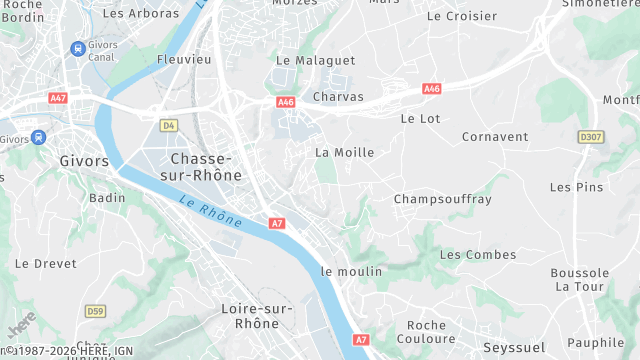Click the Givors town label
(x=84, y=161)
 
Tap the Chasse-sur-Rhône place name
(x=206, y=167)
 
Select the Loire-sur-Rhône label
(x=257, y=316)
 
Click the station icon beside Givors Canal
(x=77, y=48)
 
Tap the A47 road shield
(x=57, y=98)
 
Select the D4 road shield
(x=168, y=125)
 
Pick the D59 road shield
(x=95, y=311)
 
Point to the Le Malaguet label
(x=315, y=61)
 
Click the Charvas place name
(x=331, y=97)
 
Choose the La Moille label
(x=344, y=153)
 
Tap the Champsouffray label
(x=443, y=199)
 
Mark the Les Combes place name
(x=478, y=255)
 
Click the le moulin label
(x=351, y=272)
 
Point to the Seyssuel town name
(x=512, y=346)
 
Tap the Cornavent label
(x=495, y=136)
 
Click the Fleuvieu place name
(x=184, y=60)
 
